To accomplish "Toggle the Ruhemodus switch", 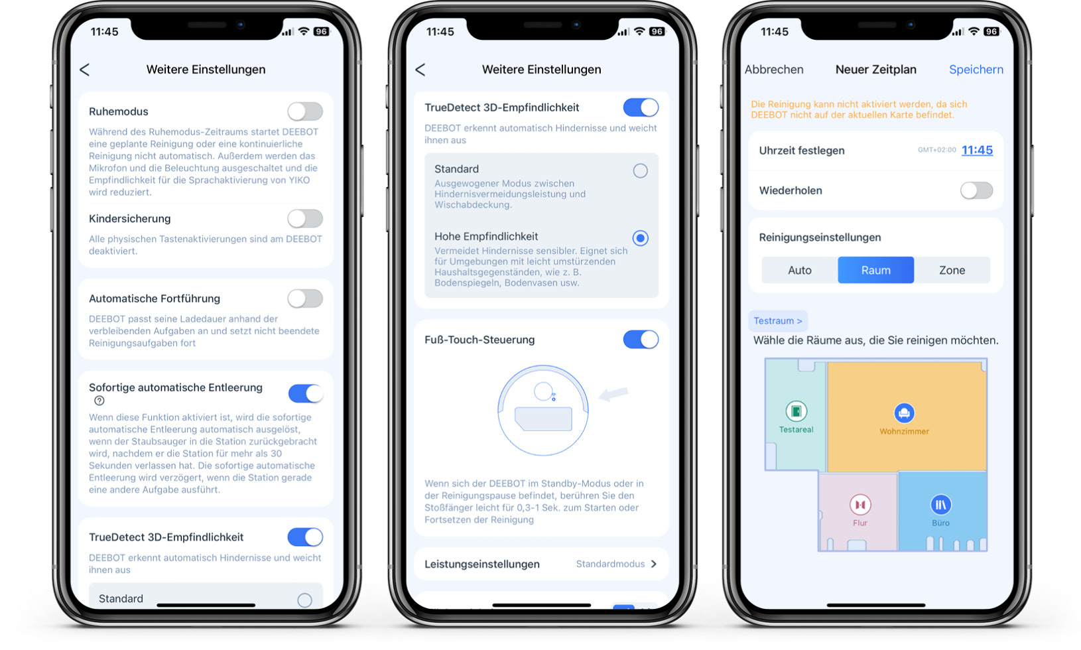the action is click(x=305, y=111).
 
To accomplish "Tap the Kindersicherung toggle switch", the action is click(x=305, y=219).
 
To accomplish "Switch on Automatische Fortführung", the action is click(x=305, y=298).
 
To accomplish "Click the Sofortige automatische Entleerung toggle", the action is click(x=306, y=393).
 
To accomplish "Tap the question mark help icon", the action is click(x=99, y=401).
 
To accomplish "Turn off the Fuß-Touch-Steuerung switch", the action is click(x=641, y=339).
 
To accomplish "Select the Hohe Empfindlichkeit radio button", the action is click(x=641, y=238).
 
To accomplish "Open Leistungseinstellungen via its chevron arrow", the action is click(x=654, y=564).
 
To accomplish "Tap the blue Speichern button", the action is click(x=976, y=70).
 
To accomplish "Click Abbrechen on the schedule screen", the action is click(x=773, y=70).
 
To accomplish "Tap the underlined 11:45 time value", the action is click(x=977, y=150).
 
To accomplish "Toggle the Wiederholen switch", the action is click(x=976, y=190).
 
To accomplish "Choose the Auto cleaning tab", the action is click(x=800, y=270).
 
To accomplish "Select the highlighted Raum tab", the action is click(x=876, y=270).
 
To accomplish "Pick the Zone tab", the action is click(x=952, y=270).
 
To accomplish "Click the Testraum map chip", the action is click(x=777, y=321).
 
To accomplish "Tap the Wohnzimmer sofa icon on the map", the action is click(x=904, y=413).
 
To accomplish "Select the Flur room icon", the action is click(x=860, y=505).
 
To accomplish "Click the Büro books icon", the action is click(x=940, y=505).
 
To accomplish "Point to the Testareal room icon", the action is click(x=796, y=411).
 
